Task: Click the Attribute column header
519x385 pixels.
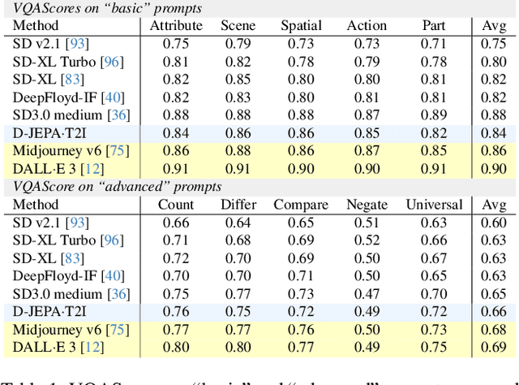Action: point(176,26)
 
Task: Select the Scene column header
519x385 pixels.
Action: point(238,26)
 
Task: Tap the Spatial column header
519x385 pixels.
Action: point(302,26)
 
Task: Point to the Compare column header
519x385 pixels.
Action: point(301,205)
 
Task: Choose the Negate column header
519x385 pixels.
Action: point(367,205)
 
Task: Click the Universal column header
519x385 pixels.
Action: point(434,205)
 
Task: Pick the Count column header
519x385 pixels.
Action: point(176,205)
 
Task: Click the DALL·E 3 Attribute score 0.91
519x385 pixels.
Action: point(176,169)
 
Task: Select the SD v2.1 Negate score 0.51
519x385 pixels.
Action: point(367,223)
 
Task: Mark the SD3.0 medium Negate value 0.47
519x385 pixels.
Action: point(367,294)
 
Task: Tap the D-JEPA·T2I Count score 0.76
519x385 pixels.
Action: point(176,312)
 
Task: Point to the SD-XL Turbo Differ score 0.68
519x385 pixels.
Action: point(238,240)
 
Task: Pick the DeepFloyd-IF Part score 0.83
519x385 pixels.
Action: point(434,97)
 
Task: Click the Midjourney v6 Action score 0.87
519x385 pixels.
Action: point(367,151)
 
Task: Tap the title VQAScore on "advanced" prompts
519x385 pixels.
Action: point(117,187)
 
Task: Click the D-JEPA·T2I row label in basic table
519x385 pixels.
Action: point(52,133)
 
